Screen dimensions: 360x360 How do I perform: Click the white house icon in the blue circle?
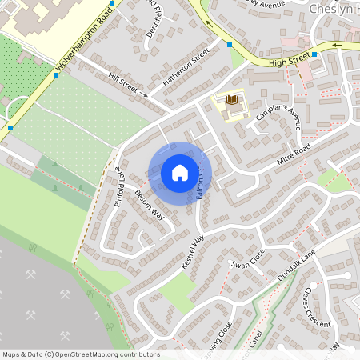click(x=179, y=172)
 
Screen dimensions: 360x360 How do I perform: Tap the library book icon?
click(x=233, y=99)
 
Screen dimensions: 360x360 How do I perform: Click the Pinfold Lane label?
click(x=118, y=186)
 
